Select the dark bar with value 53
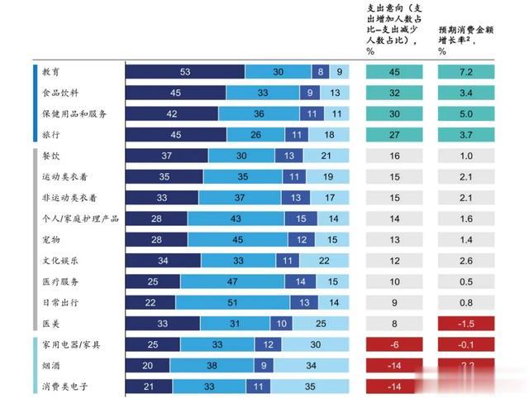click(x=184, y=72)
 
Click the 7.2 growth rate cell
click(x=466, y=72)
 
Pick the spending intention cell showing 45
click(x=393, y=72)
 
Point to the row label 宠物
click(x=50, y=239)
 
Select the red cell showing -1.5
click(x=466, y=323)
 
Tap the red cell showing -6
click(x=393, y=344)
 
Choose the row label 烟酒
click(x=50, y=365)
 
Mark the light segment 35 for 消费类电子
click(x=310, y=386)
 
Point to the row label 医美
click(x=50, y=323)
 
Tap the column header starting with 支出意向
click(x=393, y=29)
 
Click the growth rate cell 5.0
click(x=466, y=113)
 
